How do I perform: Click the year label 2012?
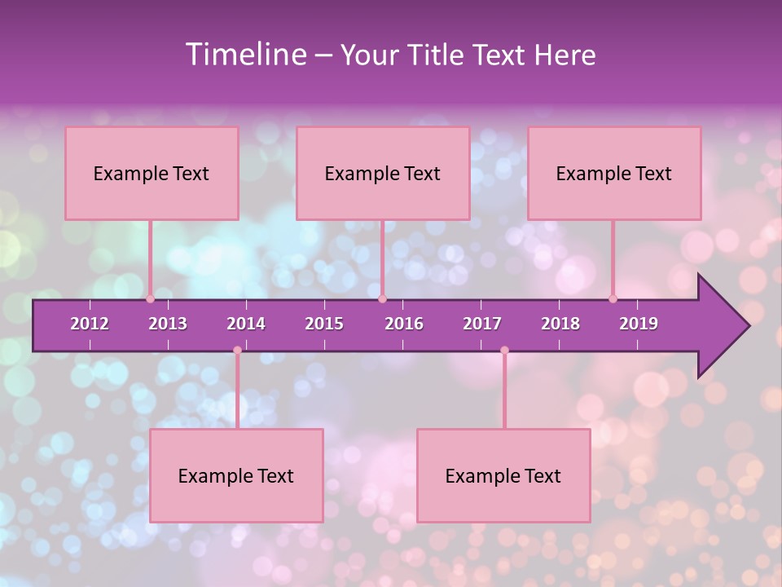click(x=90, y=324)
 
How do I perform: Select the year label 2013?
click(x=168, y=324)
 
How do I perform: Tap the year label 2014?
click(x=246, y=324)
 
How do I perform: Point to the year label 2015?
click(x=324, y=324)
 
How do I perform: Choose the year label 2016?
click(x=404, y=324)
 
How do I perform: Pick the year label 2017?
click(x=482, y=324)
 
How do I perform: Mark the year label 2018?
click(x=560, y=324)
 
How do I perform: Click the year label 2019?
click(x=639, y=324)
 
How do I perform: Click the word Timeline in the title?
click(x=245, y=55)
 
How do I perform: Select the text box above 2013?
click(x=152, y=173)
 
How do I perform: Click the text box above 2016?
click(x=383, y=173)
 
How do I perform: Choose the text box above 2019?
click(x=614, y=173)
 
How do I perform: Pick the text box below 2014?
click(x=236, y=475)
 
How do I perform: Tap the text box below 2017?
click(x=503, y=475)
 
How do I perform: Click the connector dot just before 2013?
click(x=151, y=298)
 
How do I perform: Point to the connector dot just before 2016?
click(x=382, y=298)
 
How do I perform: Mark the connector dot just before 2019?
click(x=613, y=298)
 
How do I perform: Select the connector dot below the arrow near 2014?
click(x=237, y=350)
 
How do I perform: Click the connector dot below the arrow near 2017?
click(x=504, y=350)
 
